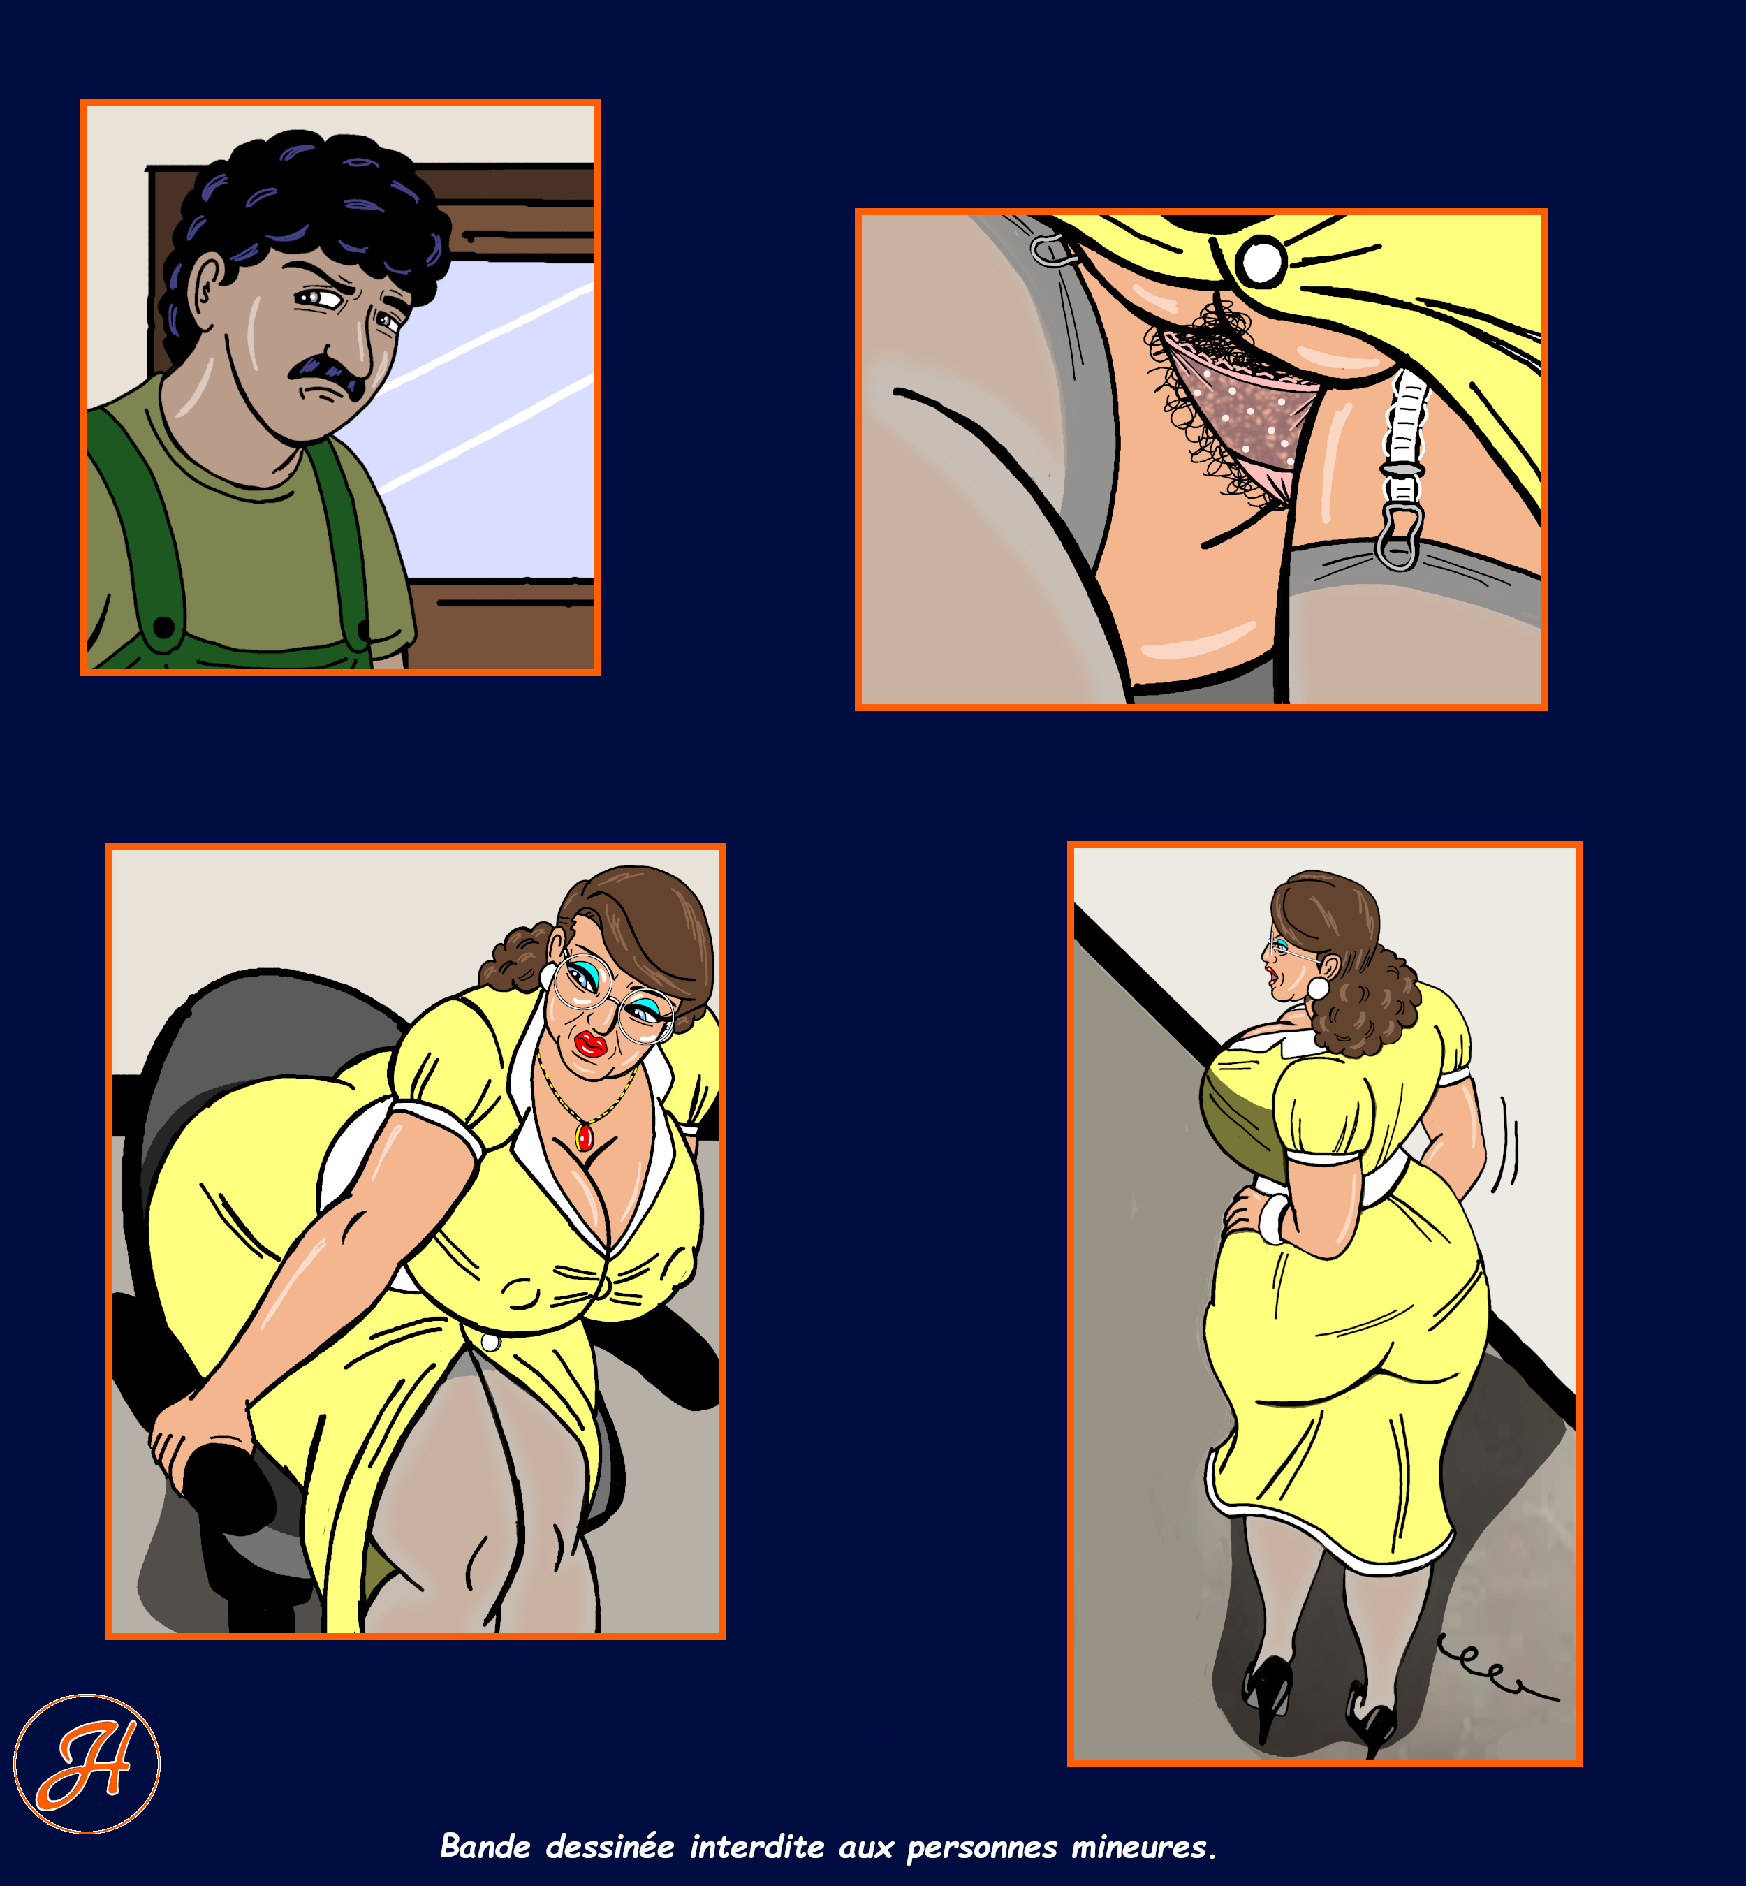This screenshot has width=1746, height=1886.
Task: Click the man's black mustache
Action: pyautogui.click(x=327, y=372)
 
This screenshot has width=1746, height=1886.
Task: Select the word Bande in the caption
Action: pyautogui.click(x=485, y=1846)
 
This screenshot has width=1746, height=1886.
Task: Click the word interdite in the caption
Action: pyautogui.click(x=757, y=1846)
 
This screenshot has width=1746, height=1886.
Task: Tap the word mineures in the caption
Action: pyautogui.click(x=1143, y=1846)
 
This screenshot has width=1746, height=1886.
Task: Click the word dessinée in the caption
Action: pyautogui.click(x=610, y=1846)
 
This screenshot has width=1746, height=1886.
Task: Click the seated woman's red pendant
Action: pyautogui.click(x=585, y=1136)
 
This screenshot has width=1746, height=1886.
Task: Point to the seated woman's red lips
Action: pyautogui.click(x=592, y=1044)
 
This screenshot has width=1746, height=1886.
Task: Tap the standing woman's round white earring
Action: pyautogui.click(x=1317, y=988)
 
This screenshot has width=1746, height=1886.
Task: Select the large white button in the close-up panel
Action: pyautogui.click(x=1261, y=261)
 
